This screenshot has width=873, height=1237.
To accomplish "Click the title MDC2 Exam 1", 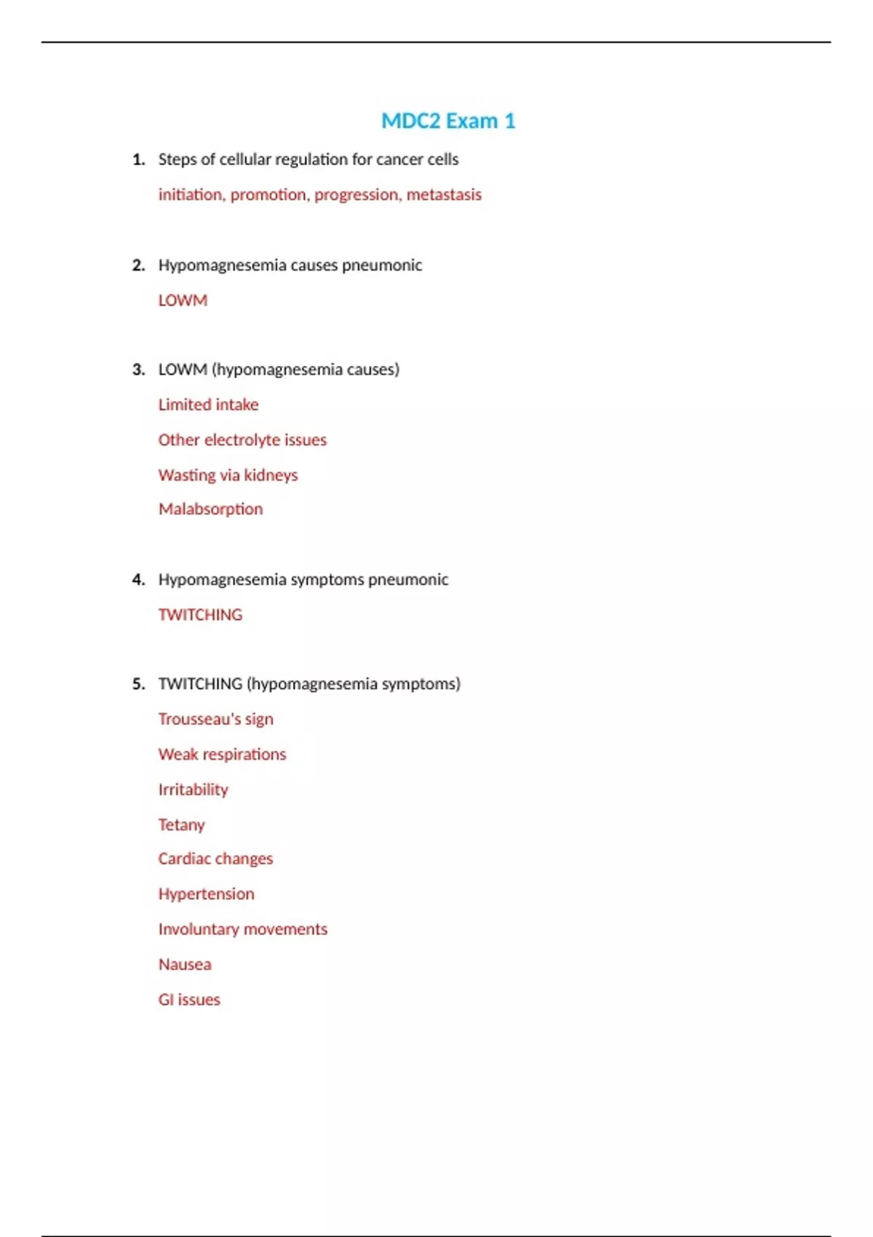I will point(448,121).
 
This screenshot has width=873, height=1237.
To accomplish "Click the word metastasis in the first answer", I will point(444,195).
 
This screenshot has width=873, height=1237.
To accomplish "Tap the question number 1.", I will point(138,159).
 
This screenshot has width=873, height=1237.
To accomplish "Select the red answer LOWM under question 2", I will point(183,301).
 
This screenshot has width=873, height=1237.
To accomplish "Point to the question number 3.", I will point(138,370).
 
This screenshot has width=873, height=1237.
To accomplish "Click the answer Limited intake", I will point(208,405).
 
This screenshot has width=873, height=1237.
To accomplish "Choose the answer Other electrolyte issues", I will point(242,440).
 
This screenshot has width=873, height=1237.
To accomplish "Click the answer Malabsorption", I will point(210,509).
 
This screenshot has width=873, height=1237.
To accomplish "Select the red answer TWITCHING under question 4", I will point(200,615).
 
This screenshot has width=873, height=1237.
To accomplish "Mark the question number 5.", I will point(138,684).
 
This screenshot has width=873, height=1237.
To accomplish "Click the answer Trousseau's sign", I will point(215,720).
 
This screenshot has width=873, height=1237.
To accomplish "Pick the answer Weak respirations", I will point(222,755).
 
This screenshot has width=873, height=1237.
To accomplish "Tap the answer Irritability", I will point(193,789).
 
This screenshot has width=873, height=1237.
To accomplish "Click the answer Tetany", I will point(181,825).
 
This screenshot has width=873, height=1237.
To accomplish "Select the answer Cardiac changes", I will point(215,859).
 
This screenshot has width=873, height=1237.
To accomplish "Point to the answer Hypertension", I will point(206,894).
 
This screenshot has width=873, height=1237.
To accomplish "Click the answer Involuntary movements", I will point(242,929).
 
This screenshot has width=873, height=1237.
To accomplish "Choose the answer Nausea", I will point(185,965).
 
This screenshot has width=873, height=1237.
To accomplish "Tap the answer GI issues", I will point(189,1000).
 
